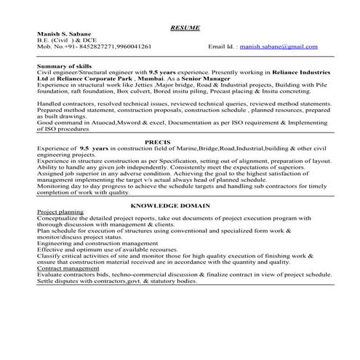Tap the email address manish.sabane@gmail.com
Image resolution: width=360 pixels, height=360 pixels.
(x=280, y=46)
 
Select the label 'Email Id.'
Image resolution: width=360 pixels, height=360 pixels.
(x=221, y=46)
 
